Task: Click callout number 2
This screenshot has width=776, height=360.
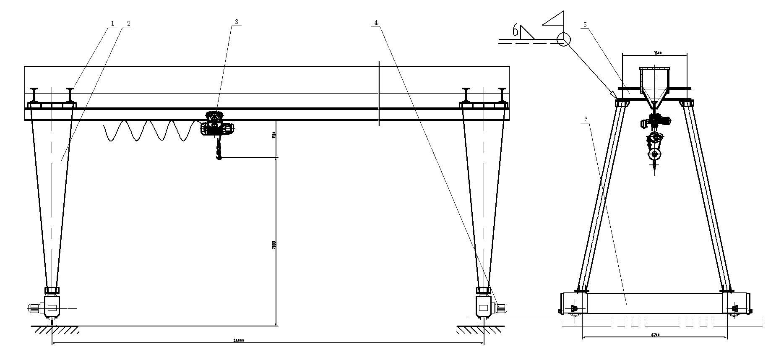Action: pos(128,24)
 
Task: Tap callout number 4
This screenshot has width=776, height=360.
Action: pos(376,23)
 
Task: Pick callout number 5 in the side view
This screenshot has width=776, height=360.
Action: pos(584,25)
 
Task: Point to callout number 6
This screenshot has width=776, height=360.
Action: pos(586,119)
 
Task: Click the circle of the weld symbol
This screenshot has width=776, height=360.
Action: pos(563,39)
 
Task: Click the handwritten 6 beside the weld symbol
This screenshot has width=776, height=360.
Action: pos(515,30)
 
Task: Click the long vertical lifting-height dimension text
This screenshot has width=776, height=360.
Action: pos(273,245)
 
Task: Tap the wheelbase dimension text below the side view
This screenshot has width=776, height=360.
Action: pos(655,335)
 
